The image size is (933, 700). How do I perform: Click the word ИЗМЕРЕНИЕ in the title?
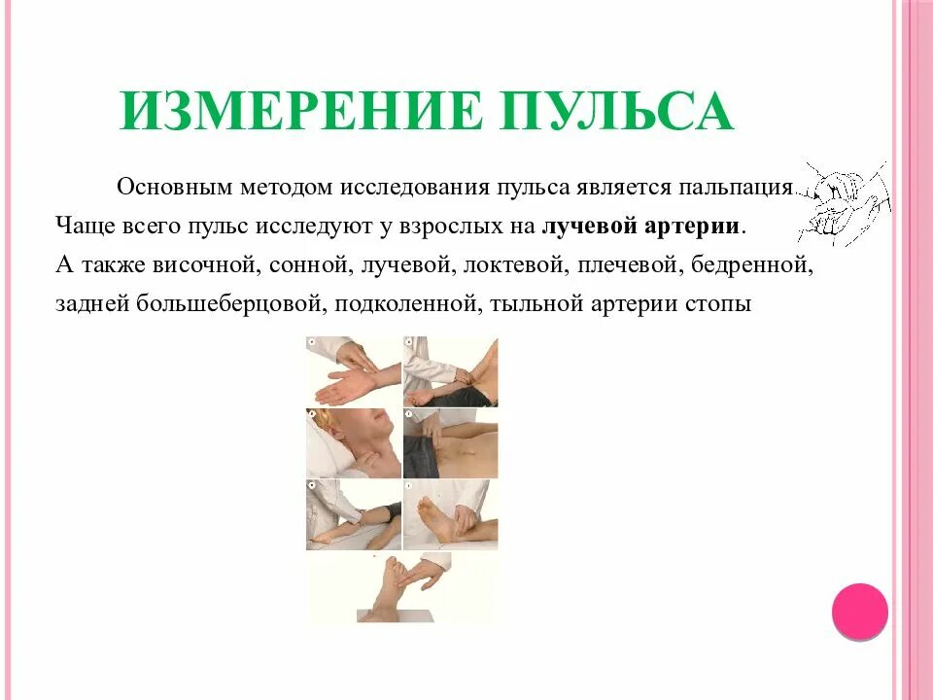pos(299,110)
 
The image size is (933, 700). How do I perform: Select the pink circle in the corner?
pos(860,612)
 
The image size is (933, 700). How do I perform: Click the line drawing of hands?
pos(842,202)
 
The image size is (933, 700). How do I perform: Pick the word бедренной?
pos(769,264)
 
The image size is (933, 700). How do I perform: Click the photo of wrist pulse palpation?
pos(353,370)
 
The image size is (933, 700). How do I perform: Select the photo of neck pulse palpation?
pos(353,442)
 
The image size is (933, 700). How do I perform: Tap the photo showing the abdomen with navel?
pos(450,442)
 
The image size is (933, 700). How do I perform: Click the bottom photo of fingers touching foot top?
pos(400,588)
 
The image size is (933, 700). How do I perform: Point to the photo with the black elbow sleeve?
pos(353,514)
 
